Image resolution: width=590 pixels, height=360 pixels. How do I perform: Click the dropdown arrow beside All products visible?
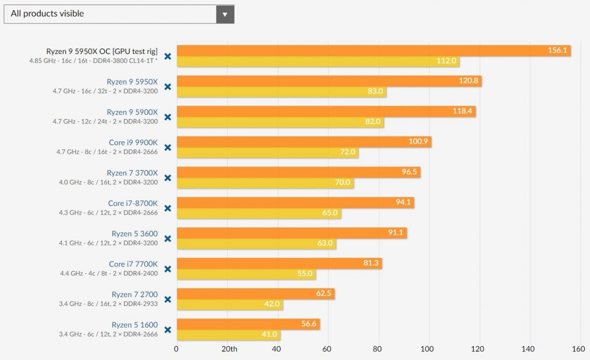225,14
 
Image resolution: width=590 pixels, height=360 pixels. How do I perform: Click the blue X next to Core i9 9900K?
168,147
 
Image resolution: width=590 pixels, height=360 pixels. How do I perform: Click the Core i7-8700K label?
132,203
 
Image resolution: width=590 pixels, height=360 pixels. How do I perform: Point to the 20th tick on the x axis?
229,349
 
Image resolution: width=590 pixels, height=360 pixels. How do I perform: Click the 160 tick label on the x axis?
578,349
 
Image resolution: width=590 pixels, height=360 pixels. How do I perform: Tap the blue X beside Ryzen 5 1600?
168,330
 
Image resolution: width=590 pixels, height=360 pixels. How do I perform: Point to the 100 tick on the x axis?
427,349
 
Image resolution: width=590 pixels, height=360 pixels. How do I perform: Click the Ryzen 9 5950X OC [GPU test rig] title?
101,51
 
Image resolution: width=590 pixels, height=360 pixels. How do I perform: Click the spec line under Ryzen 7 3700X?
108,182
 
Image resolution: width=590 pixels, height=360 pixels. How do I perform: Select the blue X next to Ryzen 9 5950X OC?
168,56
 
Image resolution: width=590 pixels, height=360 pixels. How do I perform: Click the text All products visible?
47,14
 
